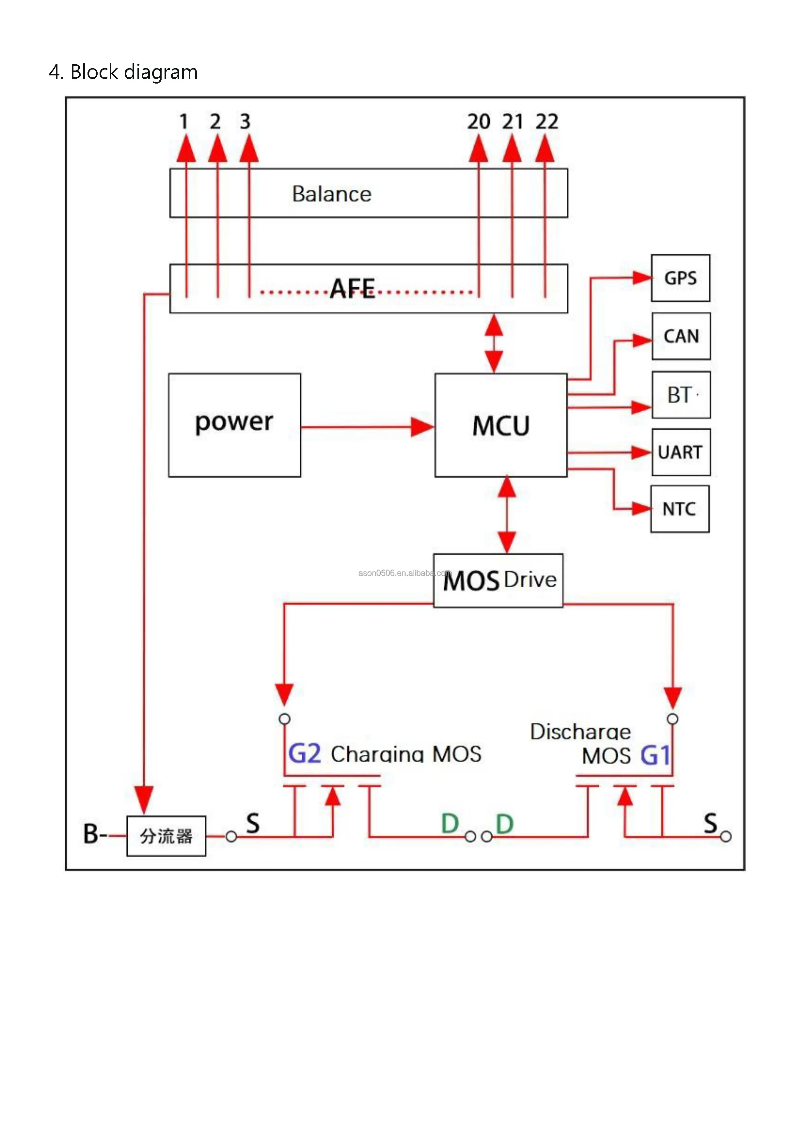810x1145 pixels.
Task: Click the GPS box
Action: click(680, 278)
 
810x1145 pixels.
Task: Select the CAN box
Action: click(681, 336)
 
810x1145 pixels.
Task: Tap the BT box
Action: click(681, 395)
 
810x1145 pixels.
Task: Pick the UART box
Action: click(681, 452)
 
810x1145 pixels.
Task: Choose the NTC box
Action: click(679, 509)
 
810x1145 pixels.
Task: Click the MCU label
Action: click(501, 426)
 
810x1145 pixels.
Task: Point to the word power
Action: click(234, 422)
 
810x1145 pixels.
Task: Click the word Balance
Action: click(332, 194)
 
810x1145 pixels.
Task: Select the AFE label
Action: click(353, 289)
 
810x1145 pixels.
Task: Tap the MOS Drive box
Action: click(498, 580)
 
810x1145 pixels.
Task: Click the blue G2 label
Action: click(305, 754)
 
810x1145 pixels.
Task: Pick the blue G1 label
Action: click(655, 755)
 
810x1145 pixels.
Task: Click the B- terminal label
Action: click(95, 834)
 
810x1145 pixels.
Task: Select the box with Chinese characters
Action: click(166, 836)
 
